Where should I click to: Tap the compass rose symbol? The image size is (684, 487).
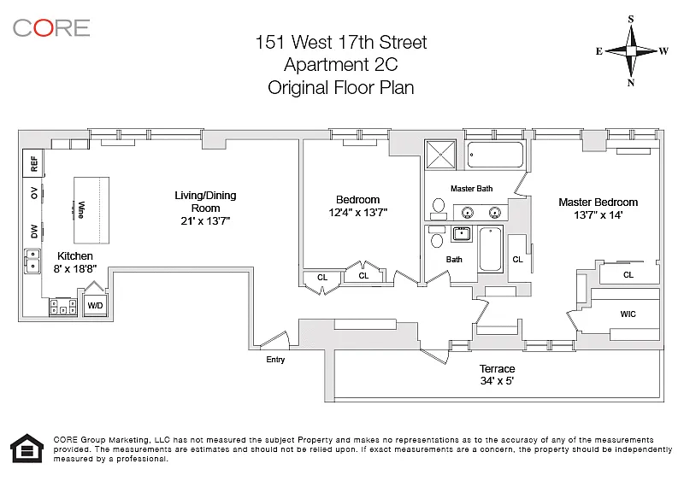(631, 50)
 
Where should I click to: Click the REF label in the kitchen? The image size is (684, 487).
(34, 161)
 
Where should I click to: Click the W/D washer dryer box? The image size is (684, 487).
(95, 304)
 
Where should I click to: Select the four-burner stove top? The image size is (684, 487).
(63, 305)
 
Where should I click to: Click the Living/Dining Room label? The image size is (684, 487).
(205, 202)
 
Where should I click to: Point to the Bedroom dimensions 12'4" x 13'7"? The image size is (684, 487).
(359, 213)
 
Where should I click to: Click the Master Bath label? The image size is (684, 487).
(472, 188)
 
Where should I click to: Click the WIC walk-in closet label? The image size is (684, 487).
(628, 314)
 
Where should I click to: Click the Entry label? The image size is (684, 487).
(275, 360)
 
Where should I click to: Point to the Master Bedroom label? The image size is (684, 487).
(598, 202)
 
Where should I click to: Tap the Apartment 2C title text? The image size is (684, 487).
(342, 64)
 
